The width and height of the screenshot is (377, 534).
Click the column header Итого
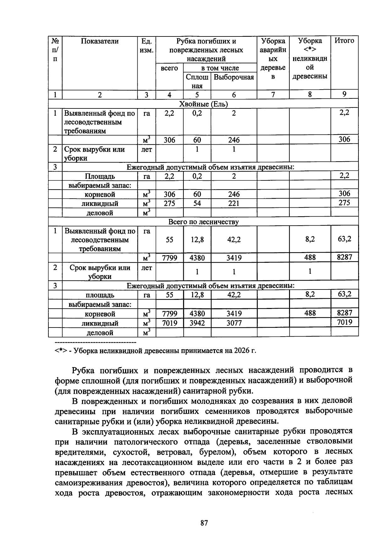[344, 41]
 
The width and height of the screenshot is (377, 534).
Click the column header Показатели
[100, 41]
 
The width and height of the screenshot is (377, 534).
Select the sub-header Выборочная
[234, 77]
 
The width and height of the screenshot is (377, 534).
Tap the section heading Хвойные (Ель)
[203, 104]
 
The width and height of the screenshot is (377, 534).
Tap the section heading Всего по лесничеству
[203, 222]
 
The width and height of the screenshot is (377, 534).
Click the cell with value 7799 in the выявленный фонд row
[169, 258]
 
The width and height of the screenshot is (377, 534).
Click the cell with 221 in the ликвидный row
[234, 203]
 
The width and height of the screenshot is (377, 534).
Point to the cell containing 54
[197, 203]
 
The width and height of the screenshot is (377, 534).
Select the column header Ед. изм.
[146, 46]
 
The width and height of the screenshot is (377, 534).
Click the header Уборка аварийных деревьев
[273, 59]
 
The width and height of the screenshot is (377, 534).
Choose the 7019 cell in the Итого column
[344, 322]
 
